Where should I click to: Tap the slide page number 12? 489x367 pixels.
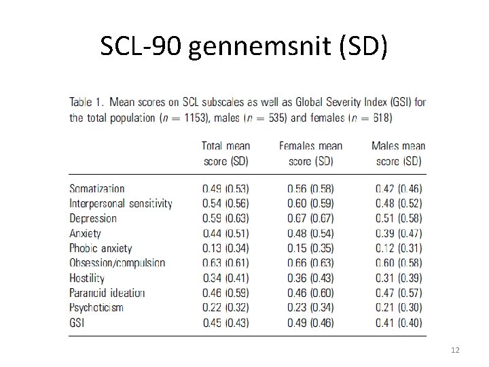[x=455, y=349]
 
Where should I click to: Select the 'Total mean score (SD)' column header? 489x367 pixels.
[x=225, y=154]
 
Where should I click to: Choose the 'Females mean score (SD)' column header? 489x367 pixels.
[x=310, y=154]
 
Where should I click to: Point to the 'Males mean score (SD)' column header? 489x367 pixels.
[x=399, y=154]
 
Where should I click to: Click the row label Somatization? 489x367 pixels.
[x=97, y=189]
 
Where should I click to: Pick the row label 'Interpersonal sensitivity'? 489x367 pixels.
[x=121, y=203]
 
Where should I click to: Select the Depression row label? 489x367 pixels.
[x=93, y=218]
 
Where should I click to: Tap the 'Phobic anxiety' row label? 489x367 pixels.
[x=101, y=248]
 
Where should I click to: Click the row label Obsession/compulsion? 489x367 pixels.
[x=117, y=263]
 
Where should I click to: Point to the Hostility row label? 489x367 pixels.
[x=87, y=278]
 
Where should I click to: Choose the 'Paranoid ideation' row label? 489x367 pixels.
[x=107, y=293]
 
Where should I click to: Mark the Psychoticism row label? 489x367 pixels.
[x=96, y=308]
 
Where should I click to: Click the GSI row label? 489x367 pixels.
[x=77, y=323]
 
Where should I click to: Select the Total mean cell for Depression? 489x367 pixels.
[x=225, y=218]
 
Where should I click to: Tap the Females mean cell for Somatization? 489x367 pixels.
[x=310, y=189]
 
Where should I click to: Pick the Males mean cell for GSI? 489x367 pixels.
[x=399, y=323]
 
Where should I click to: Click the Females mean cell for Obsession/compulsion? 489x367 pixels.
[x=310, y=263]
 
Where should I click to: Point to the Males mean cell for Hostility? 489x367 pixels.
[x=399, y=278]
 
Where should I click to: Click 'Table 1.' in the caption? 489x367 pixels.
[x=86, y=103]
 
